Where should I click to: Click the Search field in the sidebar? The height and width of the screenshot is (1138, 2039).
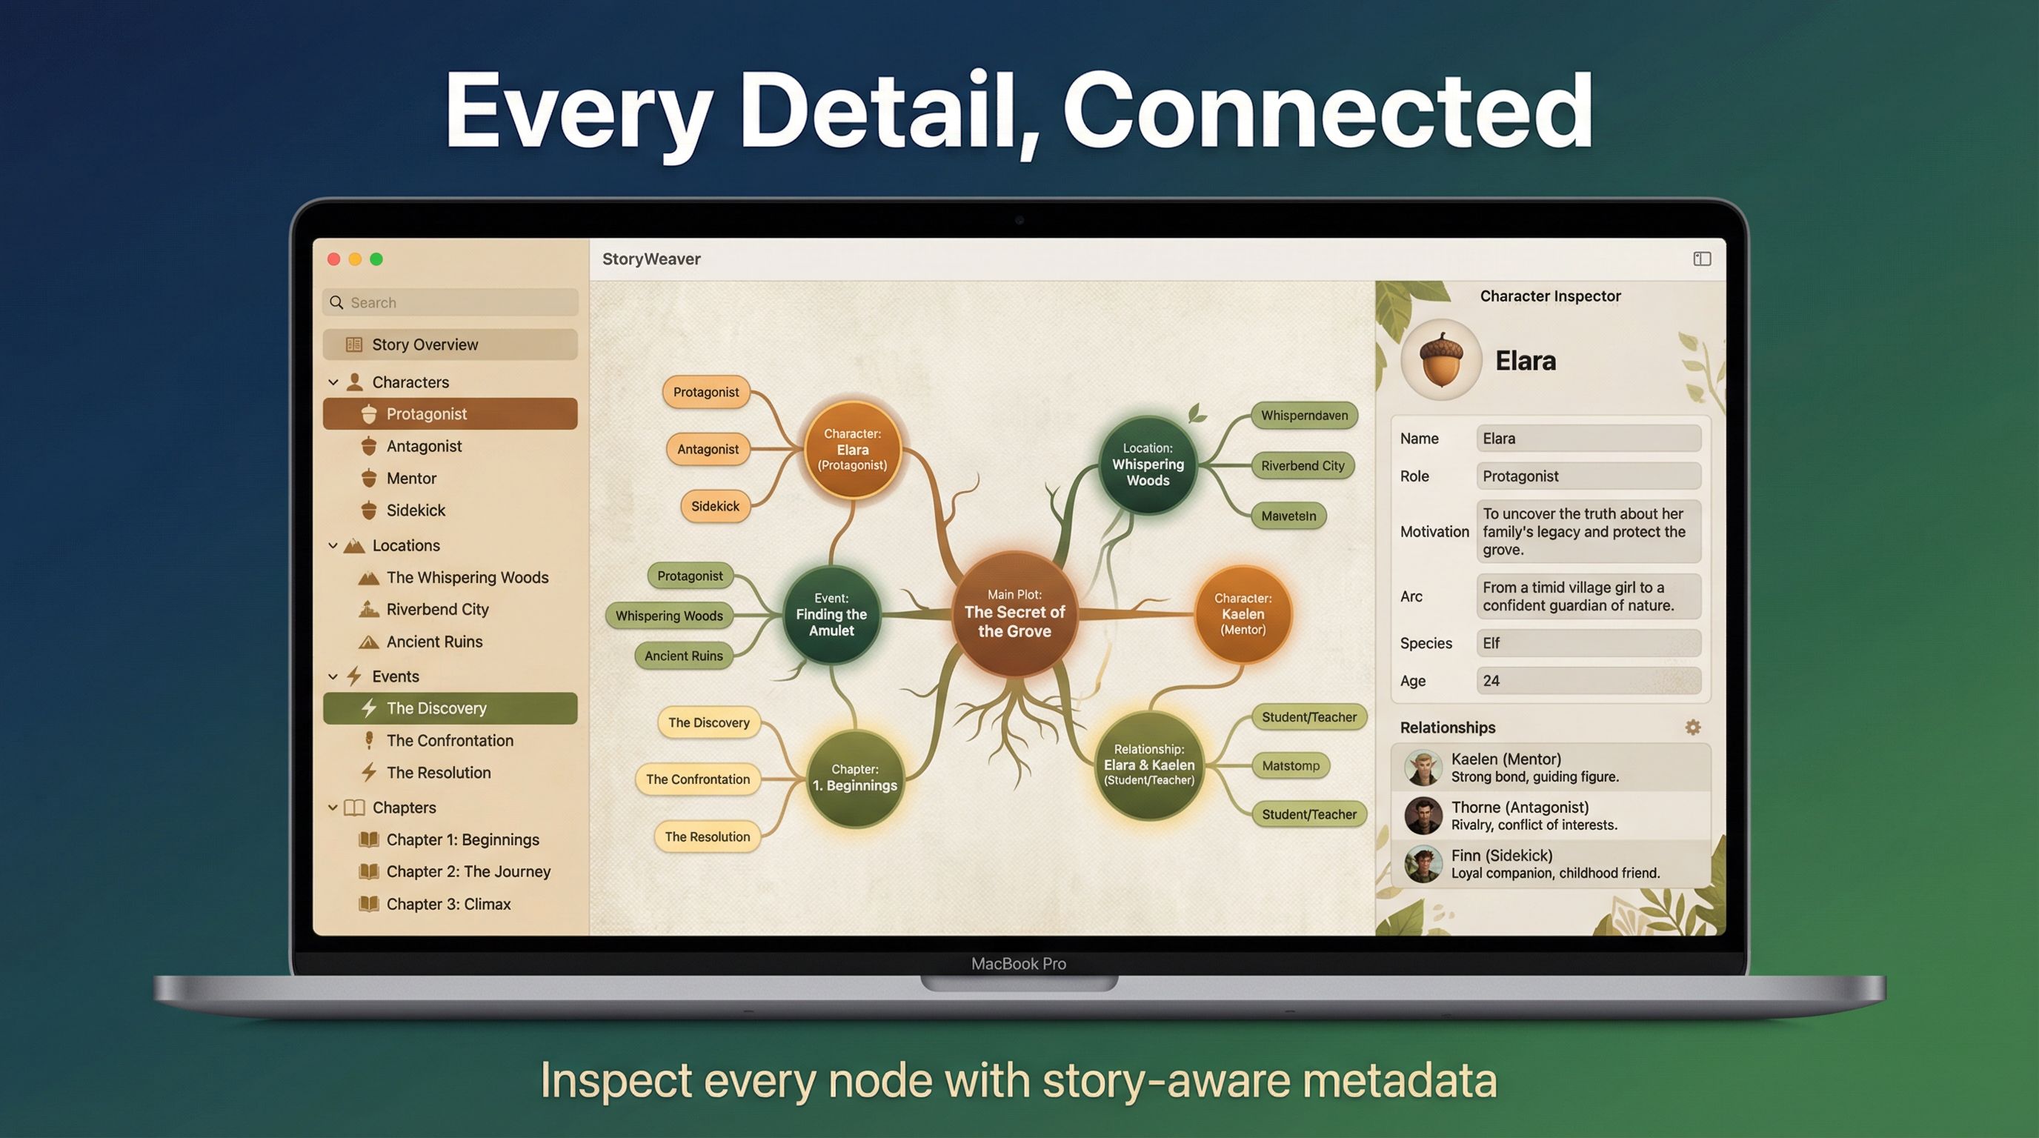click(451, 302)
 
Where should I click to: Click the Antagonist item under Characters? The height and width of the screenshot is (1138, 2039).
click(424, 446)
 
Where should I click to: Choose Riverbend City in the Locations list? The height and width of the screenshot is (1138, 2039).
click(437, 609)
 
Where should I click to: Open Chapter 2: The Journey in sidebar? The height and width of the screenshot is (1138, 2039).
click(468, 871)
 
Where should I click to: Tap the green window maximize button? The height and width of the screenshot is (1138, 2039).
click(377, 259)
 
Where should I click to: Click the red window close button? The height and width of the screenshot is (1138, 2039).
click(334, 259)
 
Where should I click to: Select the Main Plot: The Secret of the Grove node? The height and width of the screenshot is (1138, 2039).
click(1014, 613)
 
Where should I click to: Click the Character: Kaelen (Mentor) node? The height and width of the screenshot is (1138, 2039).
click(1242, 614)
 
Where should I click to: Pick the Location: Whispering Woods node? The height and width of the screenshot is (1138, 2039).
click(1147, 465)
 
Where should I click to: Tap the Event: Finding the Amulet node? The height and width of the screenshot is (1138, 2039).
click(831, 615)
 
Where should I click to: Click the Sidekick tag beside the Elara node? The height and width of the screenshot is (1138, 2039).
click(715, 507)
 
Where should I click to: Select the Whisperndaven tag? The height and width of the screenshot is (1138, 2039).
click(1304, 416)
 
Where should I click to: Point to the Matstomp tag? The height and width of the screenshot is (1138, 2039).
click(1290, 765)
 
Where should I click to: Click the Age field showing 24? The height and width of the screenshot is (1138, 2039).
click(1588, 681)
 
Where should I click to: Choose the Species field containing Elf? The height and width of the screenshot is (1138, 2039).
click(1588, 643)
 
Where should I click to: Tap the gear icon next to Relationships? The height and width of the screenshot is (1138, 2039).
click(1692, 728)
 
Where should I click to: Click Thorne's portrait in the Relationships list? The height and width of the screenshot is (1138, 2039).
click(1423, 815)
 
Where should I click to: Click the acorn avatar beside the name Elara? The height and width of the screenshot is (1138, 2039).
click(1440, 360)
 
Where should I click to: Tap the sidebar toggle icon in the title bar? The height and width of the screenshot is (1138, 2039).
click(1702, 259)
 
